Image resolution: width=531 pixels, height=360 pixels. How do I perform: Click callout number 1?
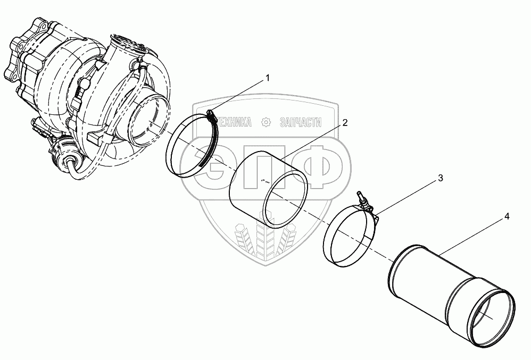pyautogui.click(x=268, y=78)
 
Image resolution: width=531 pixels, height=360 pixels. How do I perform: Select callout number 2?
pyautogui.click(x=345, y=123)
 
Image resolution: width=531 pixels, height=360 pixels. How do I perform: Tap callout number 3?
pyautogui.click(x=441, y=179)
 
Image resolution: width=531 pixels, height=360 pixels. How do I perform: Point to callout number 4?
pyautogui.click(x=507, y=216)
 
